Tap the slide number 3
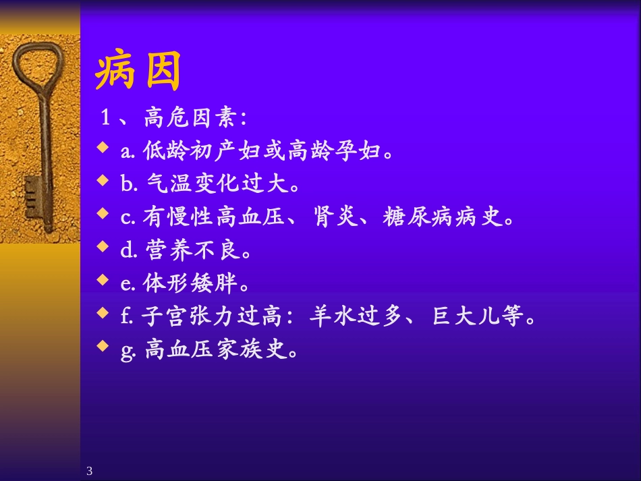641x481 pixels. pos(90,471)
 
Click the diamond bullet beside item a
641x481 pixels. pos(103,147)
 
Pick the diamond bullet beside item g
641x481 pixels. pos(103,346)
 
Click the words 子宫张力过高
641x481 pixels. pos(216,317)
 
